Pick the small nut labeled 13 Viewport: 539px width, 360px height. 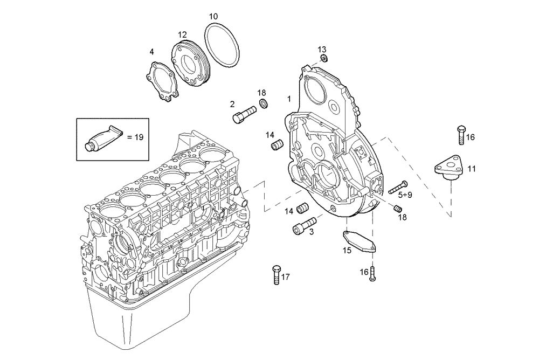(x=323, y=58)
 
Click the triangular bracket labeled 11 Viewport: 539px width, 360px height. (x=448, y=167)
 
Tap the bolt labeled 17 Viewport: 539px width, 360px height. (x=277, y=274)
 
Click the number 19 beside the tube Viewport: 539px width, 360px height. (x=139, y=137)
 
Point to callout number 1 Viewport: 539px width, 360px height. (x=289, y=99)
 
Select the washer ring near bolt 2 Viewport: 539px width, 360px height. (x=264, y=102)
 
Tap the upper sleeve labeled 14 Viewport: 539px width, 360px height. (x=278, y=146)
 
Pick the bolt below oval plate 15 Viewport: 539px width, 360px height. (x=372, y=274)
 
